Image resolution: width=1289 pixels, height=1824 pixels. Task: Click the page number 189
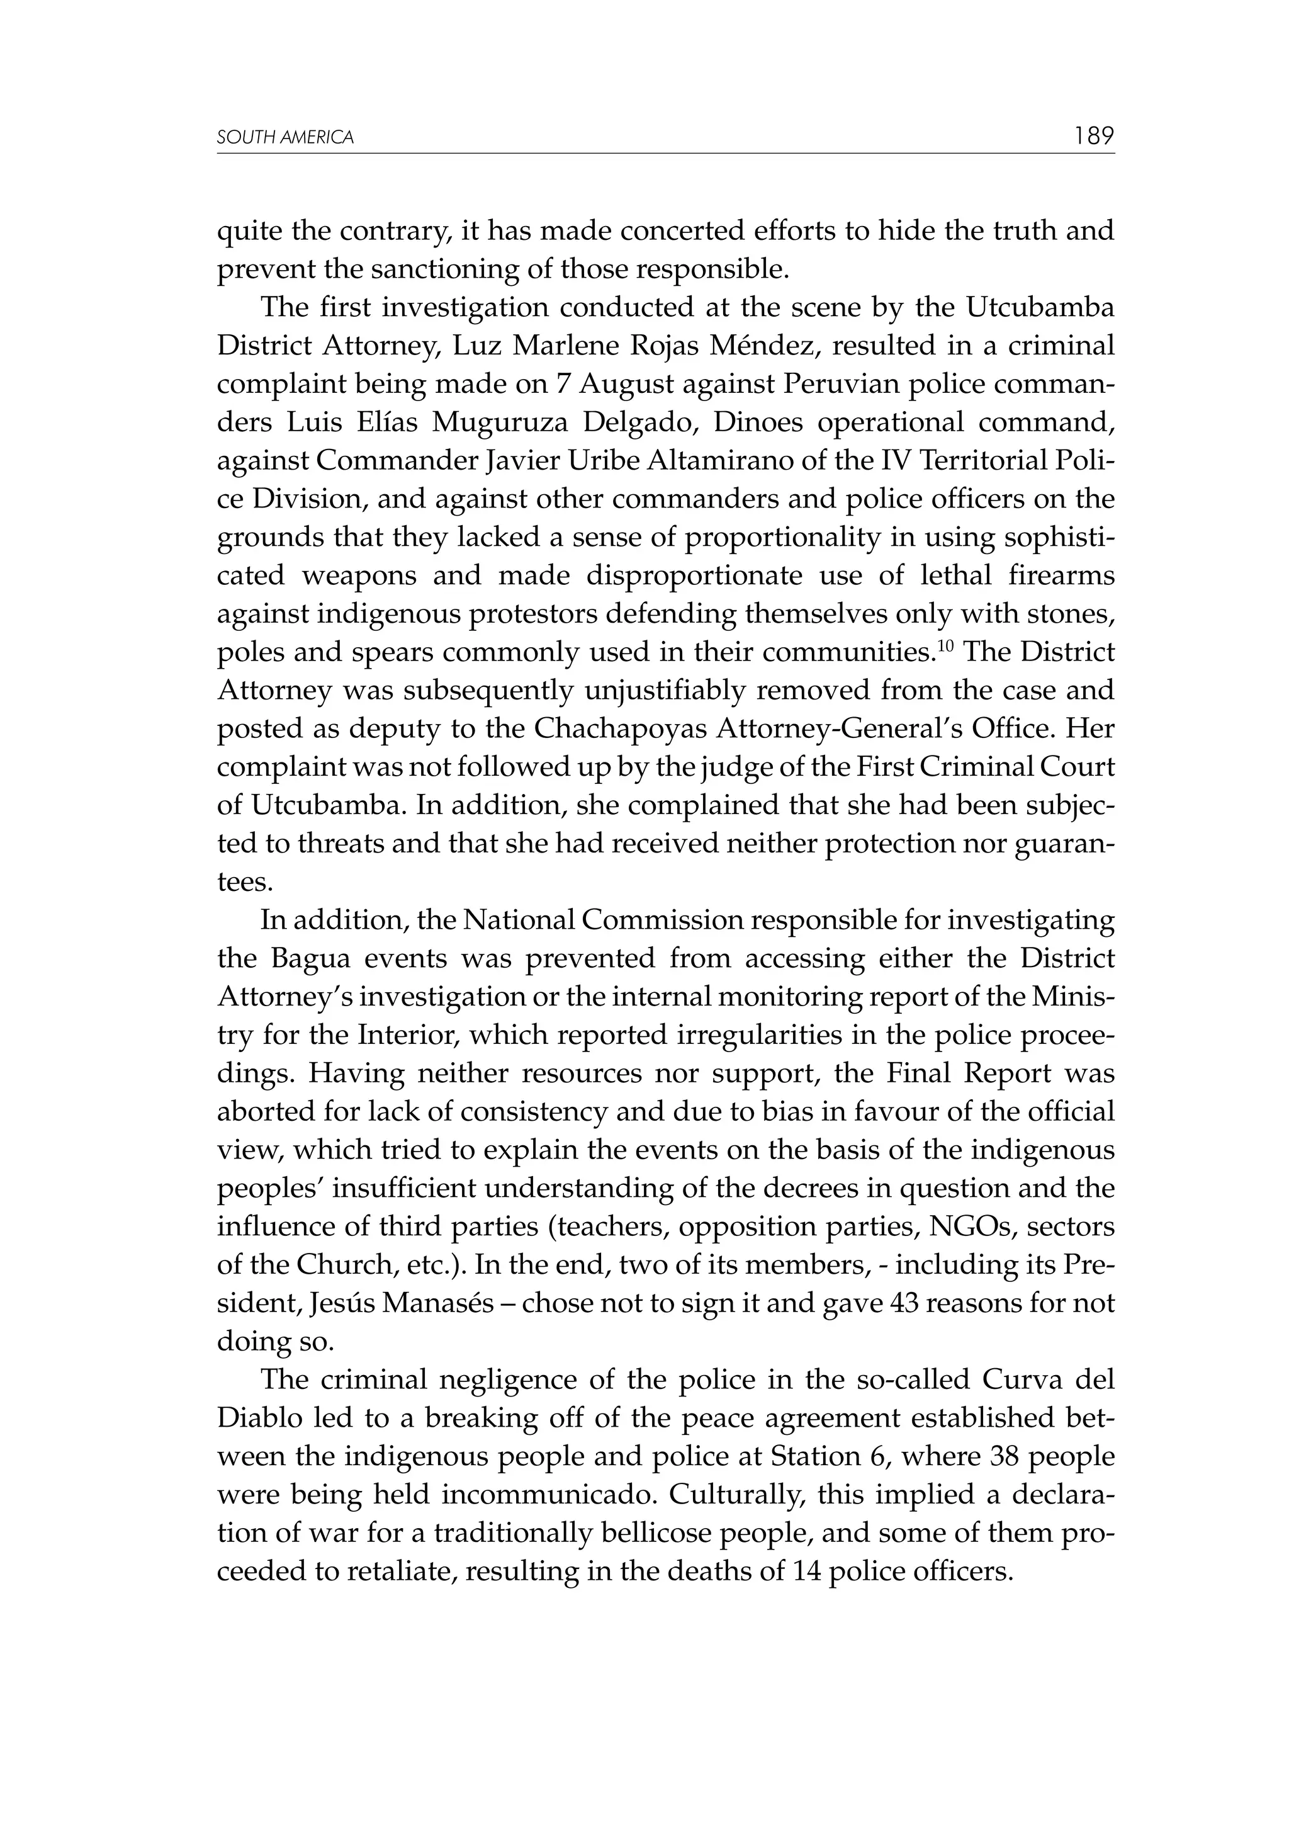pos(1094,136)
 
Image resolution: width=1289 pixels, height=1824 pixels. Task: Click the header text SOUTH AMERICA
pos(285,137)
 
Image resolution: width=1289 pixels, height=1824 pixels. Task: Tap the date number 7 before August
pos(563,383)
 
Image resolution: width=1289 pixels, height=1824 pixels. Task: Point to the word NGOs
pos(973,1226)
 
